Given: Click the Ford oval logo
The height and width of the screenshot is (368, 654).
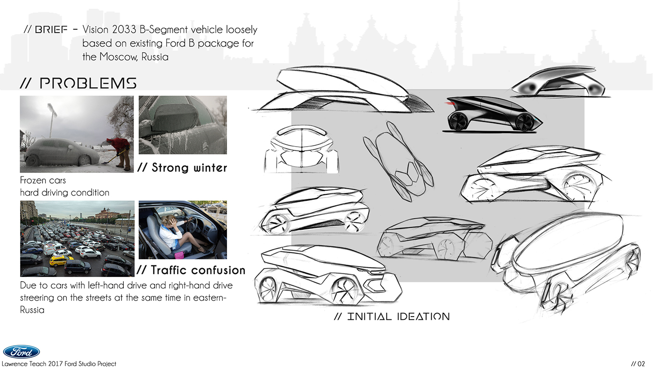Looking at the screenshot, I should [21, 352].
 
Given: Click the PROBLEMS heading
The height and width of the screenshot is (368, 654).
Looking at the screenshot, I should [78, 84].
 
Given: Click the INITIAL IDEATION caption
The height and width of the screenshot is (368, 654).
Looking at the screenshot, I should [392, 317].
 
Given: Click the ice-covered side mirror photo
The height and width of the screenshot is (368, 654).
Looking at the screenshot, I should [183, 125].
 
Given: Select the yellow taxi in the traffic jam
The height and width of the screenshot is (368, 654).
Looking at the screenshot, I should [60, 259].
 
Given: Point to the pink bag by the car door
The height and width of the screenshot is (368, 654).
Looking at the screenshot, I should [179, 255].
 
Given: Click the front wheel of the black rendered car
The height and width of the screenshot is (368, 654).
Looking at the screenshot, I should [525, 122].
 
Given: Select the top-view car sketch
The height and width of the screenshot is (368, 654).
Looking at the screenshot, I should [398, 161].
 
